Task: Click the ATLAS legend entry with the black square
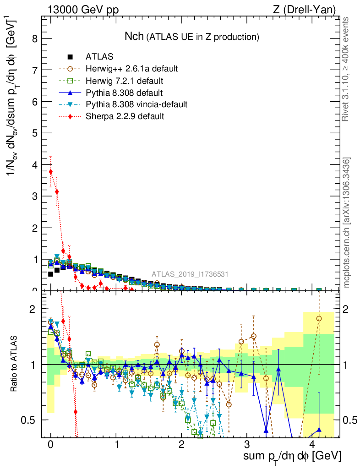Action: point(99,57)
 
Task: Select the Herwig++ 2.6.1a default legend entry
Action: point(131,69)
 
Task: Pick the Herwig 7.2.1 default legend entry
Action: point(125,81)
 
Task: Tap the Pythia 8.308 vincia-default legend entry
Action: point(136,104)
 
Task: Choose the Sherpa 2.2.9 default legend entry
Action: point(125,116)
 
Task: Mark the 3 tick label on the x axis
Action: point(247,445)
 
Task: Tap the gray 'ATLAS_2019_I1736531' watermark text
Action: point(190,274)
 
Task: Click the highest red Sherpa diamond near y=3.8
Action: point(50,172)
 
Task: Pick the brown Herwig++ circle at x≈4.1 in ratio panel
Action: point(319,318)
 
